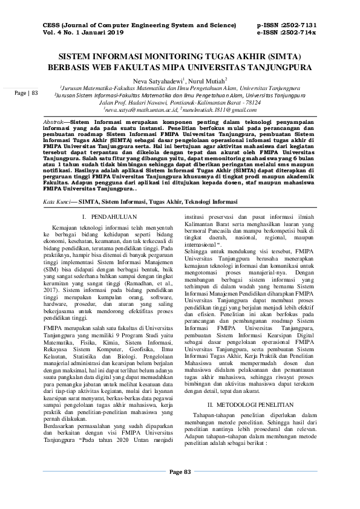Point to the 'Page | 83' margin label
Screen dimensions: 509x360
(27, 93)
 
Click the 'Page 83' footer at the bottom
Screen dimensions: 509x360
(180, 488)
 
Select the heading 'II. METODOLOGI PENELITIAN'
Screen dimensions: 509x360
(250, 403)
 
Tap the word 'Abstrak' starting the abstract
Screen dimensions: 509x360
(54, 122)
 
